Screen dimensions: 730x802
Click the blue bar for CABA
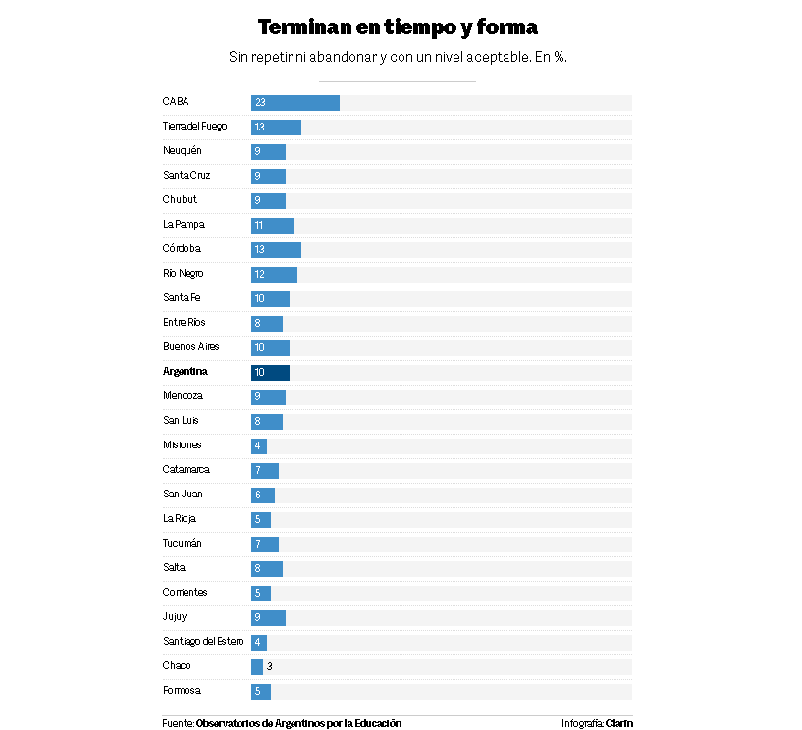tap(295, 103)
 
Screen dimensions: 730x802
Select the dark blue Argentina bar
tap(271, 373)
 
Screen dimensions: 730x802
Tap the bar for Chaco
tap(257, 667)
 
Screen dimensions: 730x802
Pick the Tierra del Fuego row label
tap(194, 127)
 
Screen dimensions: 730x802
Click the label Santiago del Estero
tap(203, 642)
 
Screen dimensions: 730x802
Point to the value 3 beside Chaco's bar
tap(269, 667)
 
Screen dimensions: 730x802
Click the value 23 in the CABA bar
tap(260, 103)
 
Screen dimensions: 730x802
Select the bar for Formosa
tap(261, 692)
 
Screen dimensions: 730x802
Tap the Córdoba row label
tap(182, 249)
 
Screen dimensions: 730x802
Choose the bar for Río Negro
tap(275, 275)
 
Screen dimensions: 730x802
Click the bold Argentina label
tap(186, 372)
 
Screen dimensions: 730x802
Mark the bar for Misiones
tap(259, 446)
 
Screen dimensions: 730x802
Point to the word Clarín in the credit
tap(619, 724)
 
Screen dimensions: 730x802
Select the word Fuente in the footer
tap(177, 724)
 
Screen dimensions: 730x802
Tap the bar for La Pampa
tap(273, 226)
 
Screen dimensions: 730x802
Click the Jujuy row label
tap(175, 617)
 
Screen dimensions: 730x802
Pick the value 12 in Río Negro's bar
tap(259, 275)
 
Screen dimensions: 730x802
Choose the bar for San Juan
tap(263, 495)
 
